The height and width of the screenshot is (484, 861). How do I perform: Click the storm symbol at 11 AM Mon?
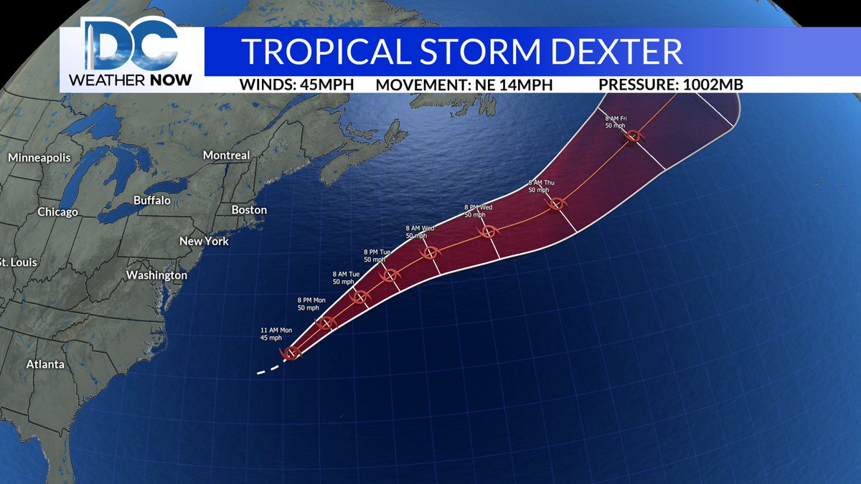[x=291, y=353]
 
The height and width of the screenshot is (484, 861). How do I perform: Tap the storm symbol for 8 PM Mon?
[x=326, y=323]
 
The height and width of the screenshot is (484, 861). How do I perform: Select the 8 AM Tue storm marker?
[x=360, y=297]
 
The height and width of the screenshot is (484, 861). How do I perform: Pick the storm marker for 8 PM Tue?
[x=390, y=275]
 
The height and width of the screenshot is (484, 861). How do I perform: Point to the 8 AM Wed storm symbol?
[x=430, y=252]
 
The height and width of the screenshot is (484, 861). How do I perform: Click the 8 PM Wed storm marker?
[x=489, y=231]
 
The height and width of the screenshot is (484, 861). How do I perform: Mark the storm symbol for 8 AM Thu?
[x=556, y=204]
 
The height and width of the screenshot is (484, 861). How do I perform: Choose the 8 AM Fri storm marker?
[x=633, y=136]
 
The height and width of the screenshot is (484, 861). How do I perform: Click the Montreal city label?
[x=227, y=156]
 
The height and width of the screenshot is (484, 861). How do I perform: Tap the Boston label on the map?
[x=249, y=210]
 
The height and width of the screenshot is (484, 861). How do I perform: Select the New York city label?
[x=204, y=241]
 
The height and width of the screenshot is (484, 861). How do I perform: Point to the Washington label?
[x=156, y=275]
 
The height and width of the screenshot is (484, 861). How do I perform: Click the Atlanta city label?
[x=45, y=364]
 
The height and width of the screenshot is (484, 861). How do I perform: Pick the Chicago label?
[x=58, y=212]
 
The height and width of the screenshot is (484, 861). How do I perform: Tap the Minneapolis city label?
[x=39, y=157]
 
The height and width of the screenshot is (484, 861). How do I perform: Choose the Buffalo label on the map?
[x=152, y=201]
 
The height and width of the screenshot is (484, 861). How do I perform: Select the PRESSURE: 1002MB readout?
[x=670, y=85]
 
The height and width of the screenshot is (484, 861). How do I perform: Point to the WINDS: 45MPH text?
[x=297, y=85]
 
